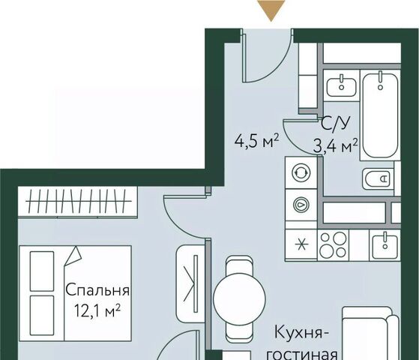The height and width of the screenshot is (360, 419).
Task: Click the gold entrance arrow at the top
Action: tap(271, 8)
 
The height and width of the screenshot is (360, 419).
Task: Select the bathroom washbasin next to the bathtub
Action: tap(341, 85)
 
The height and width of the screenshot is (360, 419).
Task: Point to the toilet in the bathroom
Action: tap(377, 178)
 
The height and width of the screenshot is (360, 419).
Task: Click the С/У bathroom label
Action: tap(335, 124)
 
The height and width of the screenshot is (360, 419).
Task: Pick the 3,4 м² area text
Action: tap(335, 146)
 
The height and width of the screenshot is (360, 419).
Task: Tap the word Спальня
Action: tap(97, 290)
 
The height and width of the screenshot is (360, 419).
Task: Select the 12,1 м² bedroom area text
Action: tap(97, 310)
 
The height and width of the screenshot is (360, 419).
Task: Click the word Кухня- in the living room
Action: tap(302, 333)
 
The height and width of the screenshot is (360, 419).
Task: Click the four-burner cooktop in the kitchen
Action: tap(333, 244)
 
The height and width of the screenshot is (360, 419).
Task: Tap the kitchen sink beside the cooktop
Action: tap(385, 245)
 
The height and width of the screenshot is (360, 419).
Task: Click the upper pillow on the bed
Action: tap(42, 271)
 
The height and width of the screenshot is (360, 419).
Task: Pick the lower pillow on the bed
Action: tap(42, 315)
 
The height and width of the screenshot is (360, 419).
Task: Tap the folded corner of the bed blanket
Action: tap(73, 256)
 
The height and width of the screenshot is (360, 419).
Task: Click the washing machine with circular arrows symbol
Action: tap(301, 172)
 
